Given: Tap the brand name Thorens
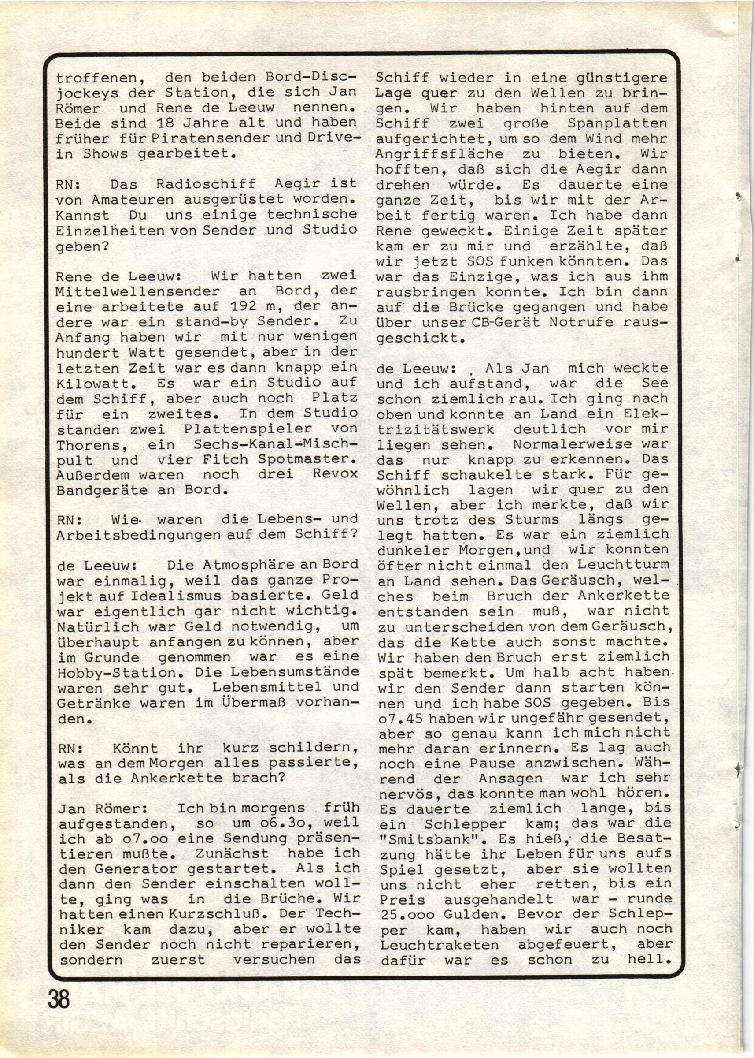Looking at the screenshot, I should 88,445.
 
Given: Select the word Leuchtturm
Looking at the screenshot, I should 624,565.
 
